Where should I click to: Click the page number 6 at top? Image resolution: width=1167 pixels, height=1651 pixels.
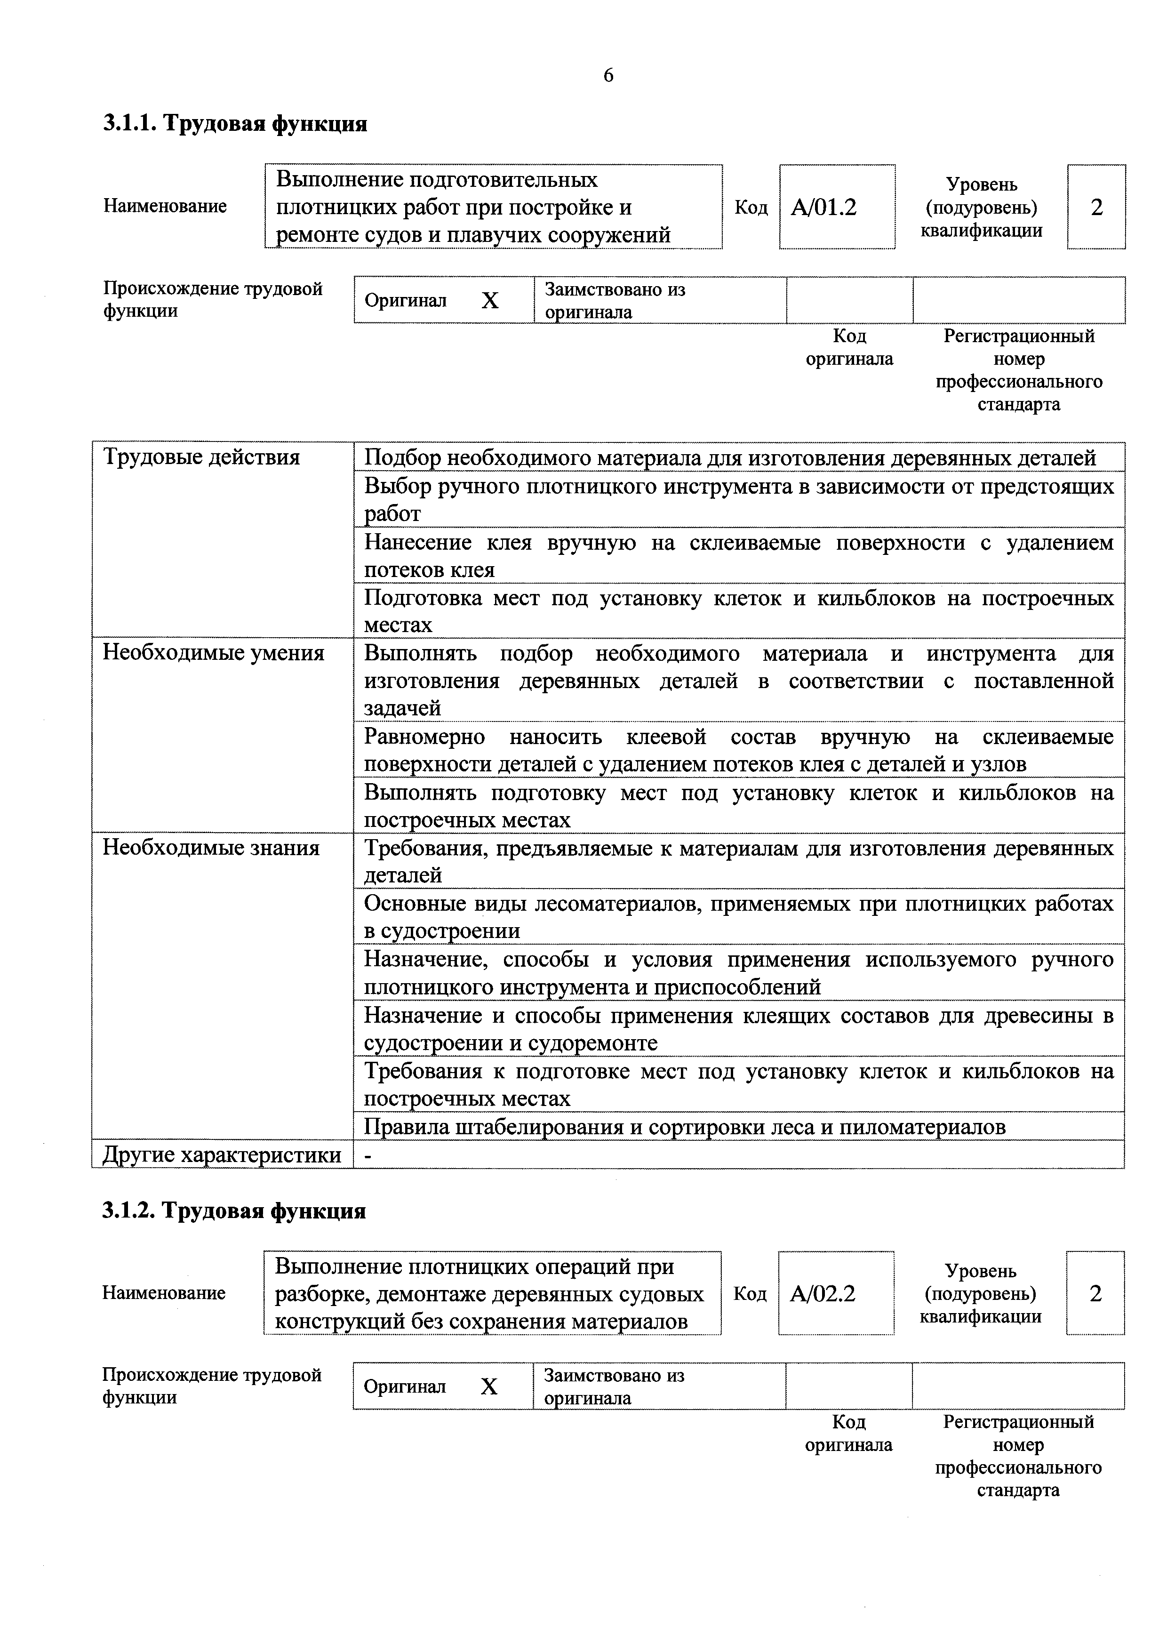608,75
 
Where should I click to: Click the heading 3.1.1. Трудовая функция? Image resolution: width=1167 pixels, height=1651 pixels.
235,124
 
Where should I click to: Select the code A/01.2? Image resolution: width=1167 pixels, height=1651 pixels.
823,208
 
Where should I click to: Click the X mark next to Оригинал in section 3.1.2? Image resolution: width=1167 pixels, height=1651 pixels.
489,1387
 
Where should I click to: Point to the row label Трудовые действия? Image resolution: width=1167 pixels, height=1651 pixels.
201,457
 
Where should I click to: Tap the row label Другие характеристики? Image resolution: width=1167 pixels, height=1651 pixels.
222,1155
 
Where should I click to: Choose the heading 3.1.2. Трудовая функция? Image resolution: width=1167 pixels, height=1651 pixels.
234,1211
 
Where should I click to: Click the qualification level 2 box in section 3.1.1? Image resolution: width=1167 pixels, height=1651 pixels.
1096,208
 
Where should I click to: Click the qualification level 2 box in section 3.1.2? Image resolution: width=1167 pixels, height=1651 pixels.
1095,1294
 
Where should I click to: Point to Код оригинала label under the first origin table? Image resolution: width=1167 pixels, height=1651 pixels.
849,347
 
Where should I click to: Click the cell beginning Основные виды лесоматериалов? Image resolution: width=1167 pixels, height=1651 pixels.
738,917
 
